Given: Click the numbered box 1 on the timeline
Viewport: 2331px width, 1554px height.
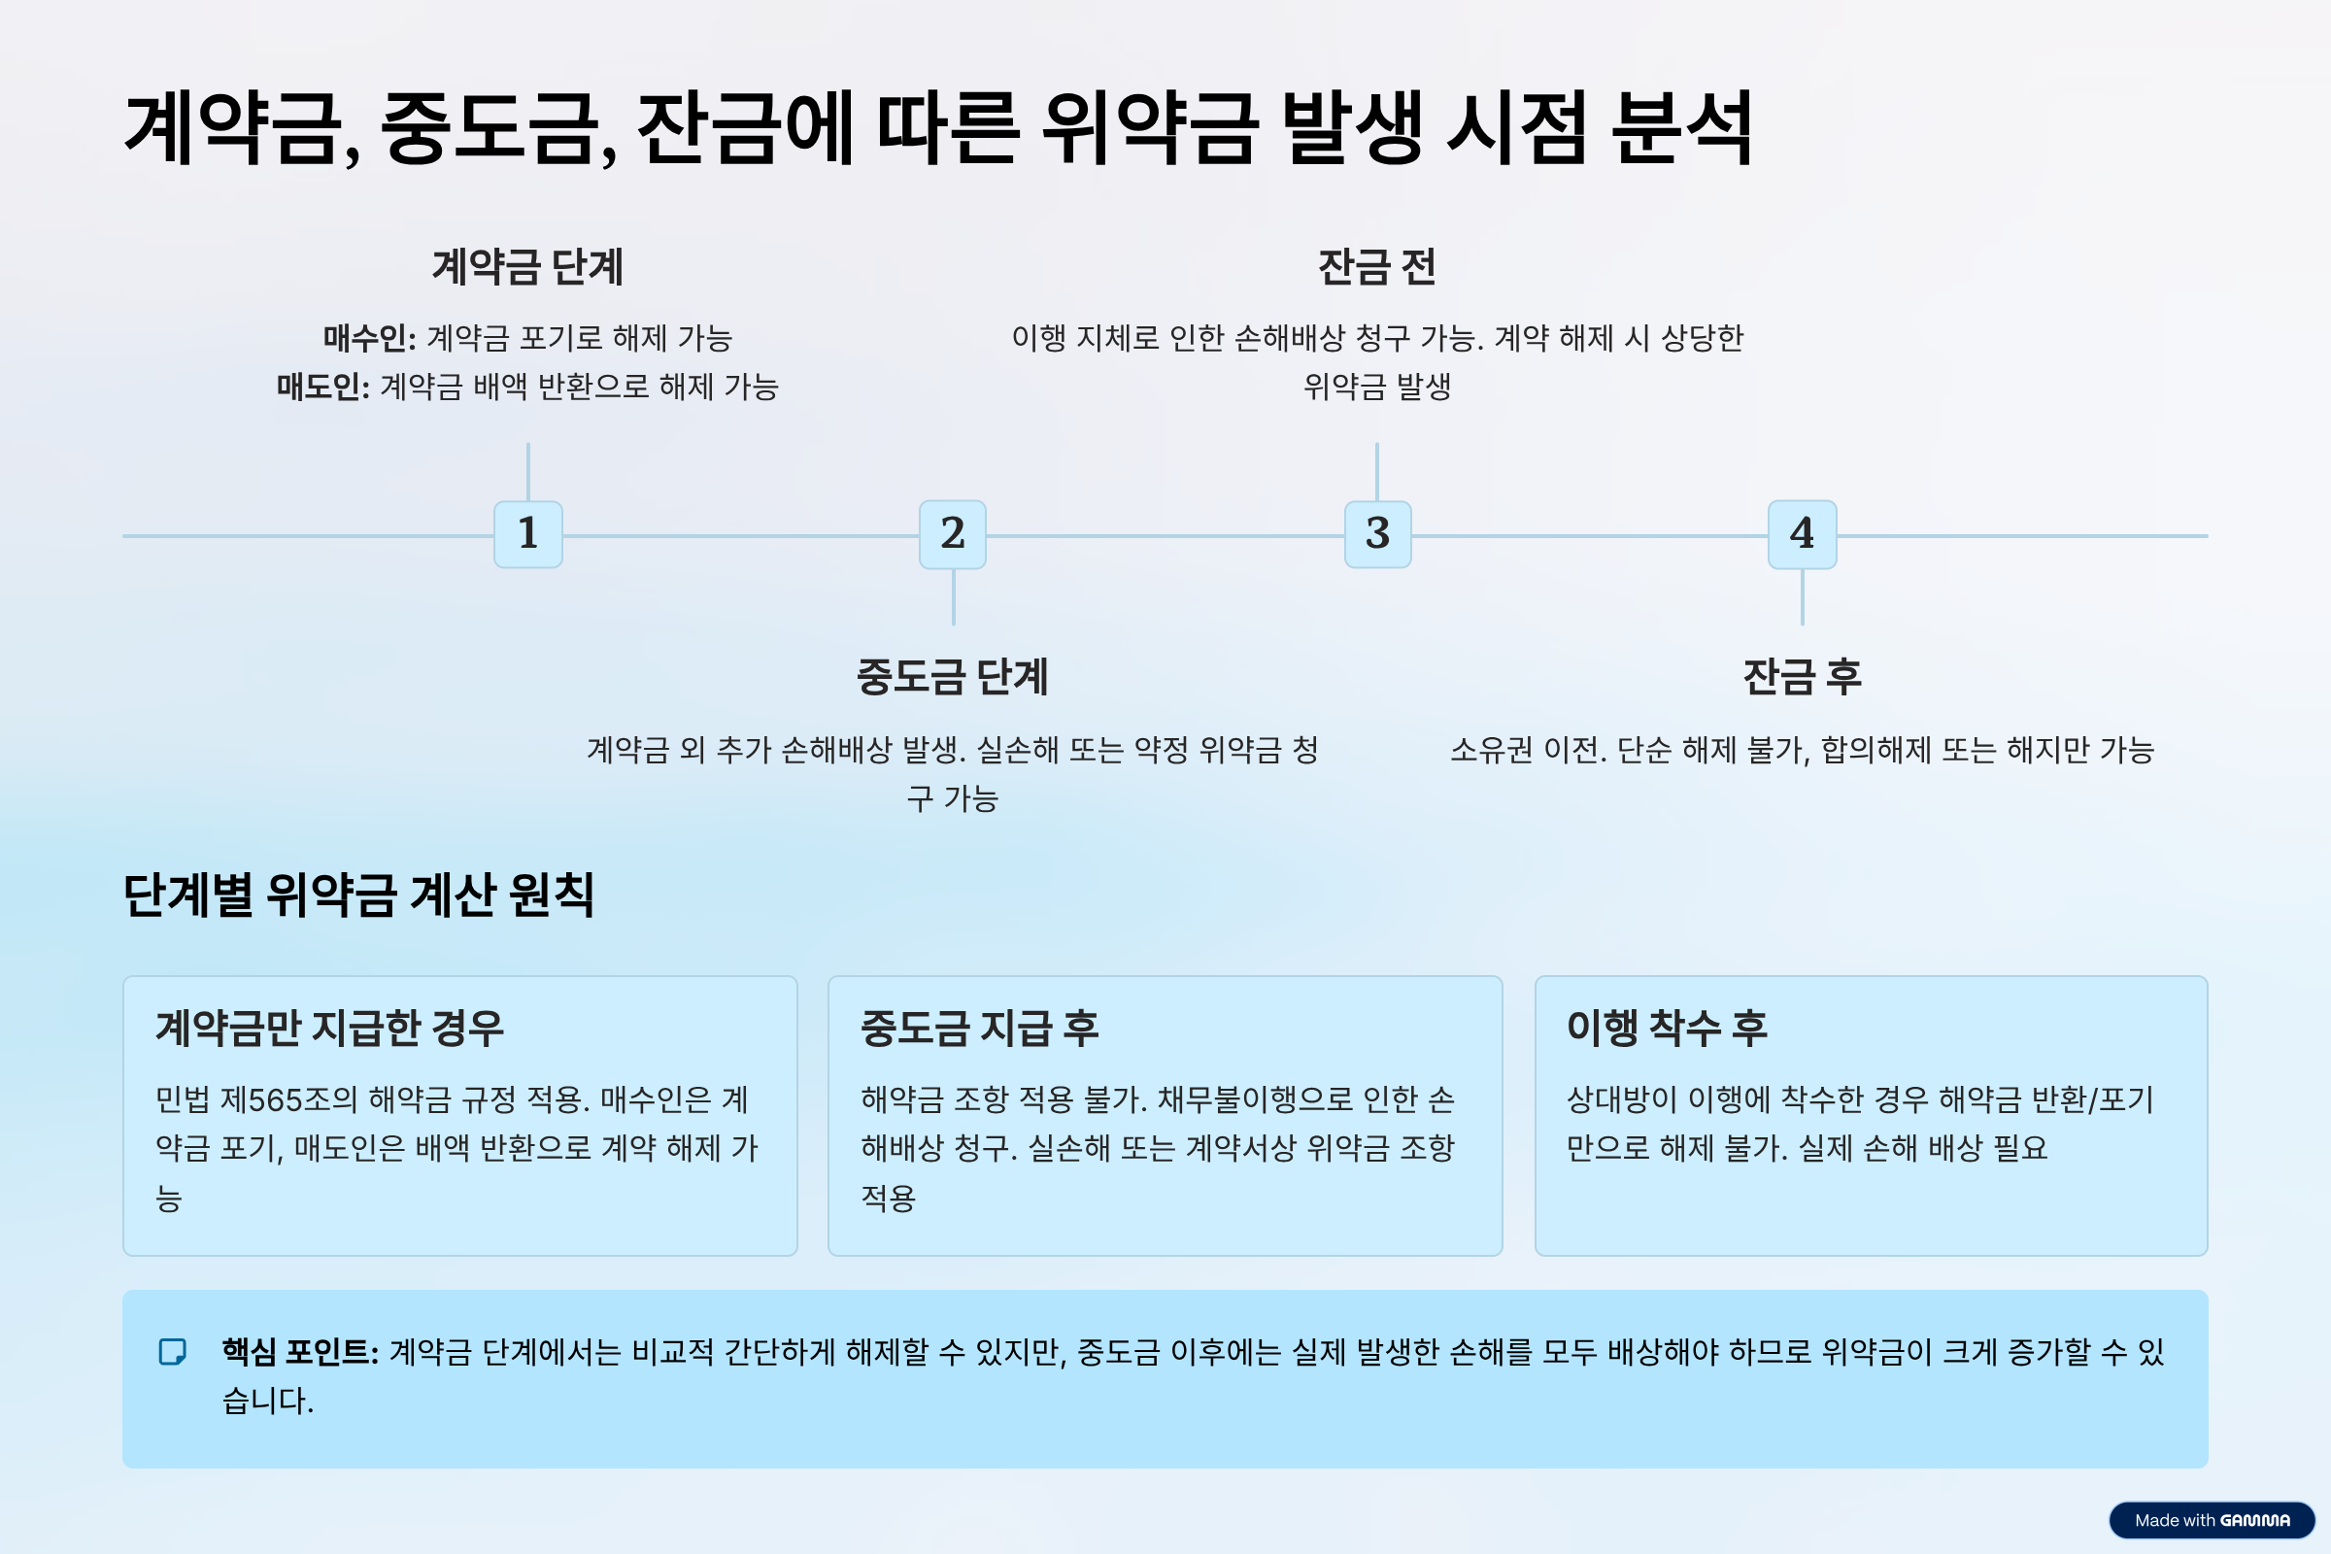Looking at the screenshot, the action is coord(528,534).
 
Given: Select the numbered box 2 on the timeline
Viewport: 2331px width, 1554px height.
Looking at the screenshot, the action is coord(953,534).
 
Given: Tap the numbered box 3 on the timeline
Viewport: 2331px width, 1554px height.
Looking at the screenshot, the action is coord(1377,534).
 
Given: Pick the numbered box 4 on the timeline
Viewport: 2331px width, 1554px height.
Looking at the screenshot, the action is coord(1802,534).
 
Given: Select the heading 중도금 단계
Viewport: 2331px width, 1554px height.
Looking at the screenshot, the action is coord(953,677).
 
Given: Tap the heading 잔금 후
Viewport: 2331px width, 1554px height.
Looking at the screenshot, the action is coord(1802,677).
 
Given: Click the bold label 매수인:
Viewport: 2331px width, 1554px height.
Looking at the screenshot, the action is coord(370,339).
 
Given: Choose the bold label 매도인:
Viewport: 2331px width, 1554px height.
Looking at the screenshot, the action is coord(323,387).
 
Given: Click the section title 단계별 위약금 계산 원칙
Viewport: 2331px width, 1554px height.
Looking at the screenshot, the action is coord(357,895).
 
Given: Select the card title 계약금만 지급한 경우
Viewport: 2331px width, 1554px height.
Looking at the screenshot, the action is coord(330,1028).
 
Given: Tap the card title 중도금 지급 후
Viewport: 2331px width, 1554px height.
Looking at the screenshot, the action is coord(979,1028).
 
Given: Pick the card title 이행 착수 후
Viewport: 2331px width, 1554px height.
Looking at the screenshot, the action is coord(1667,1028).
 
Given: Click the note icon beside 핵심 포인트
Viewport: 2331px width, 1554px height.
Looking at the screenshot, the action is coord(173,1352).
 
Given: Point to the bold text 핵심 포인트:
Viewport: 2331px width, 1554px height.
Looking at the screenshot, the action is coord(300,1352).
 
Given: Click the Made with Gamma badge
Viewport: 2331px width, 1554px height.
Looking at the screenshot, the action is coord(2212,1520).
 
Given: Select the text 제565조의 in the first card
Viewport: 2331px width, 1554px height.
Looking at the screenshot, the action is coord(287,1100).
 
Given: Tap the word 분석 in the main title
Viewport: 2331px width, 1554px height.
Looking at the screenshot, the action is coord(1682,129).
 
